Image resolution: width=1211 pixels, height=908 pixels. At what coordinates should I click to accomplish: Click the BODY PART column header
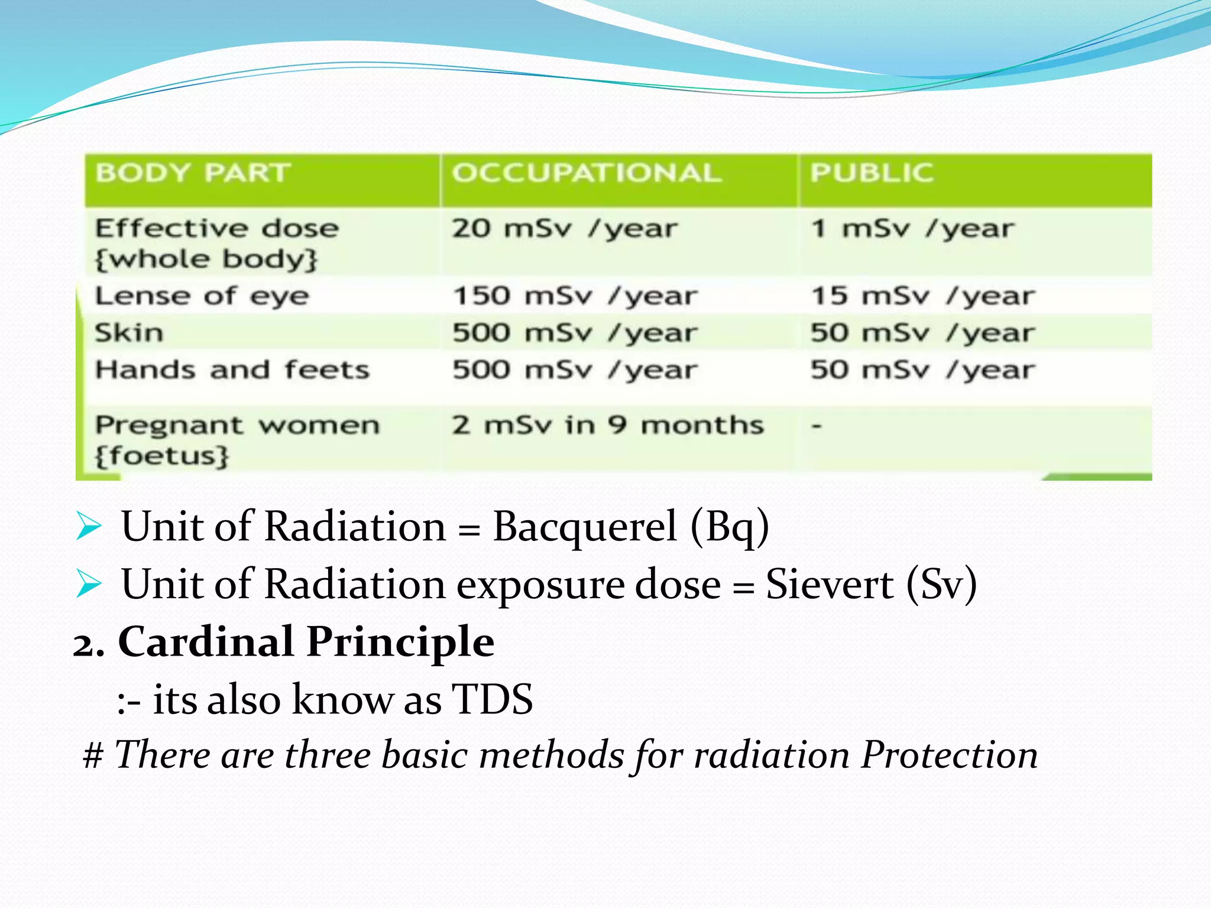click(x=193, y=173)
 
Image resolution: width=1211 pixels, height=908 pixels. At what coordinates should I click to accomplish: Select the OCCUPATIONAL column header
click(x=587, y=173)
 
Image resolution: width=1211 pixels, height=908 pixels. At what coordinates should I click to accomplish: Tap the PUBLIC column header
click(x=872, y=173)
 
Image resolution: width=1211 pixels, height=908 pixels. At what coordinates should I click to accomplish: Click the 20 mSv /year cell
click(x=564, y=229)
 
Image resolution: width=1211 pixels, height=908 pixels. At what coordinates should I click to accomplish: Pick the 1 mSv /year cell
click(x=912, y=229)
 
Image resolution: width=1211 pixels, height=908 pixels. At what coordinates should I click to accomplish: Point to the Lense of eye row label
click(x=202, y=296)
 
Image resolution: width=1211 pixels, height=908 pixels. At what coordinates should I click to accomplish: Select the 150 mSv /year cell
click(x=575, y=296)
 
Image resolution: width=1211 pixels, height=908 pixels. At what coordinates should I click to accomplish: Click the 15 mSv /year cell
click(x=922, y=296)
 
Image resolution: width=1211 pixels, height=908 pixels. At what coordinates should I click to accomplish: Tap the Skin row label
click(x=129, y=333)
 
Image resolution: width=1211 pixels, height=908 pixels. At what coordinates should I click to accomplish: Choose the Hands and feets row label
click(x=232, y=370)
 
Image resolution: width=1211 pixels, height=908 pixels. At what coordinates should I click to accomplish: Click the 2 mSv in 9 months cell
click(x=608, y=425)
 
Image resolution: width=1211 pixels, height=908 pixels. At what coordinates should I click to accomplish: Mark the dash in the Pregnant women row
click(x=817, y=425)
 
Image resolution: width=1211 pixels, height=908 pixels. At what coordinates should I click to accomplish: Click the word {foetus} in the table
click(x=162, y=456)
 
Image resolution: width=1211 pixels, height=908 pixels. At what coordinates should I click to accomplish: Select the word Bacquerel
click(x=584, y=526)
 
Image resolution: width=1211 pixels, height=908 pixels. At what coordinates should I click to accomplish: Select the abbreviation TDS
click(x=492, y=699)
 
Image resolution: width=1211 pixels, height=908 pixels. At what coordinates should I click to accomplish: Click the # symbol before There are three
click(x=93, y=756)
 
